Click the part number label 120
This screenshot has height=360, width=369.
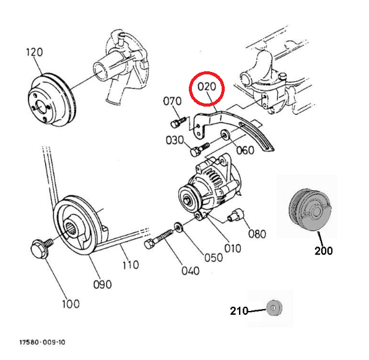[34, 52]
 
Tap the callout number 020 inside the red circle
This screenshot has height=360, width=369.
[207, 87]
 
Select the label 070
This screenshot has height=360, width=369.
[172, 101]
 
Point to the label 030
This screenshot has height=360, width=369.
[175, 140]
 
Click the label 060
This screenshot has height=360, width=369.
[245, 150]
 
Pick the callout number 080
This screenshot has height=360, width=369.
[257, 234]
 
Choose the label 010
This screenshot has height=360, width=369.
[233, 248]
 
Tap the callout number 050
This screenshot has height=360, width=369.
[214, 258]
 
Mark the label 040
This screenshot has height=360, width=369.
[191, 271]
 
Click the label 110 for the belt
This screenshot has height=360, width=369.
[131, 265]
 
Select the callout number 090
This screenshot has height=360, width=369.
[102, 284]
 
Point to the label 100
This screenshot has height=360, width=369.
[71, 304]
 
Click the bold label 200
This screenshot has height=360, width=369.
[324, 251]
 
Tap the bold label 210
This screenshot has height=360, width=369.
[239, 311]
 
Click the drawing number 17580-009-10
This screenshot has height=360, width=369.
[42, 342]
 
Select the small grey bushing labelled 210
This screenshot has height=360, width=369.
[274, 308]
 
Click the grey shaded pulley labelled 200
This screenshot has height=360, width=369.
[310, 209]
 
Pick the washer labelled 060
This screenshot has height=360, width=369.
[225, 135]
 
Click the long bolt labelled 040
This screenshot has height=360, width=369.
[158, 239]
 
